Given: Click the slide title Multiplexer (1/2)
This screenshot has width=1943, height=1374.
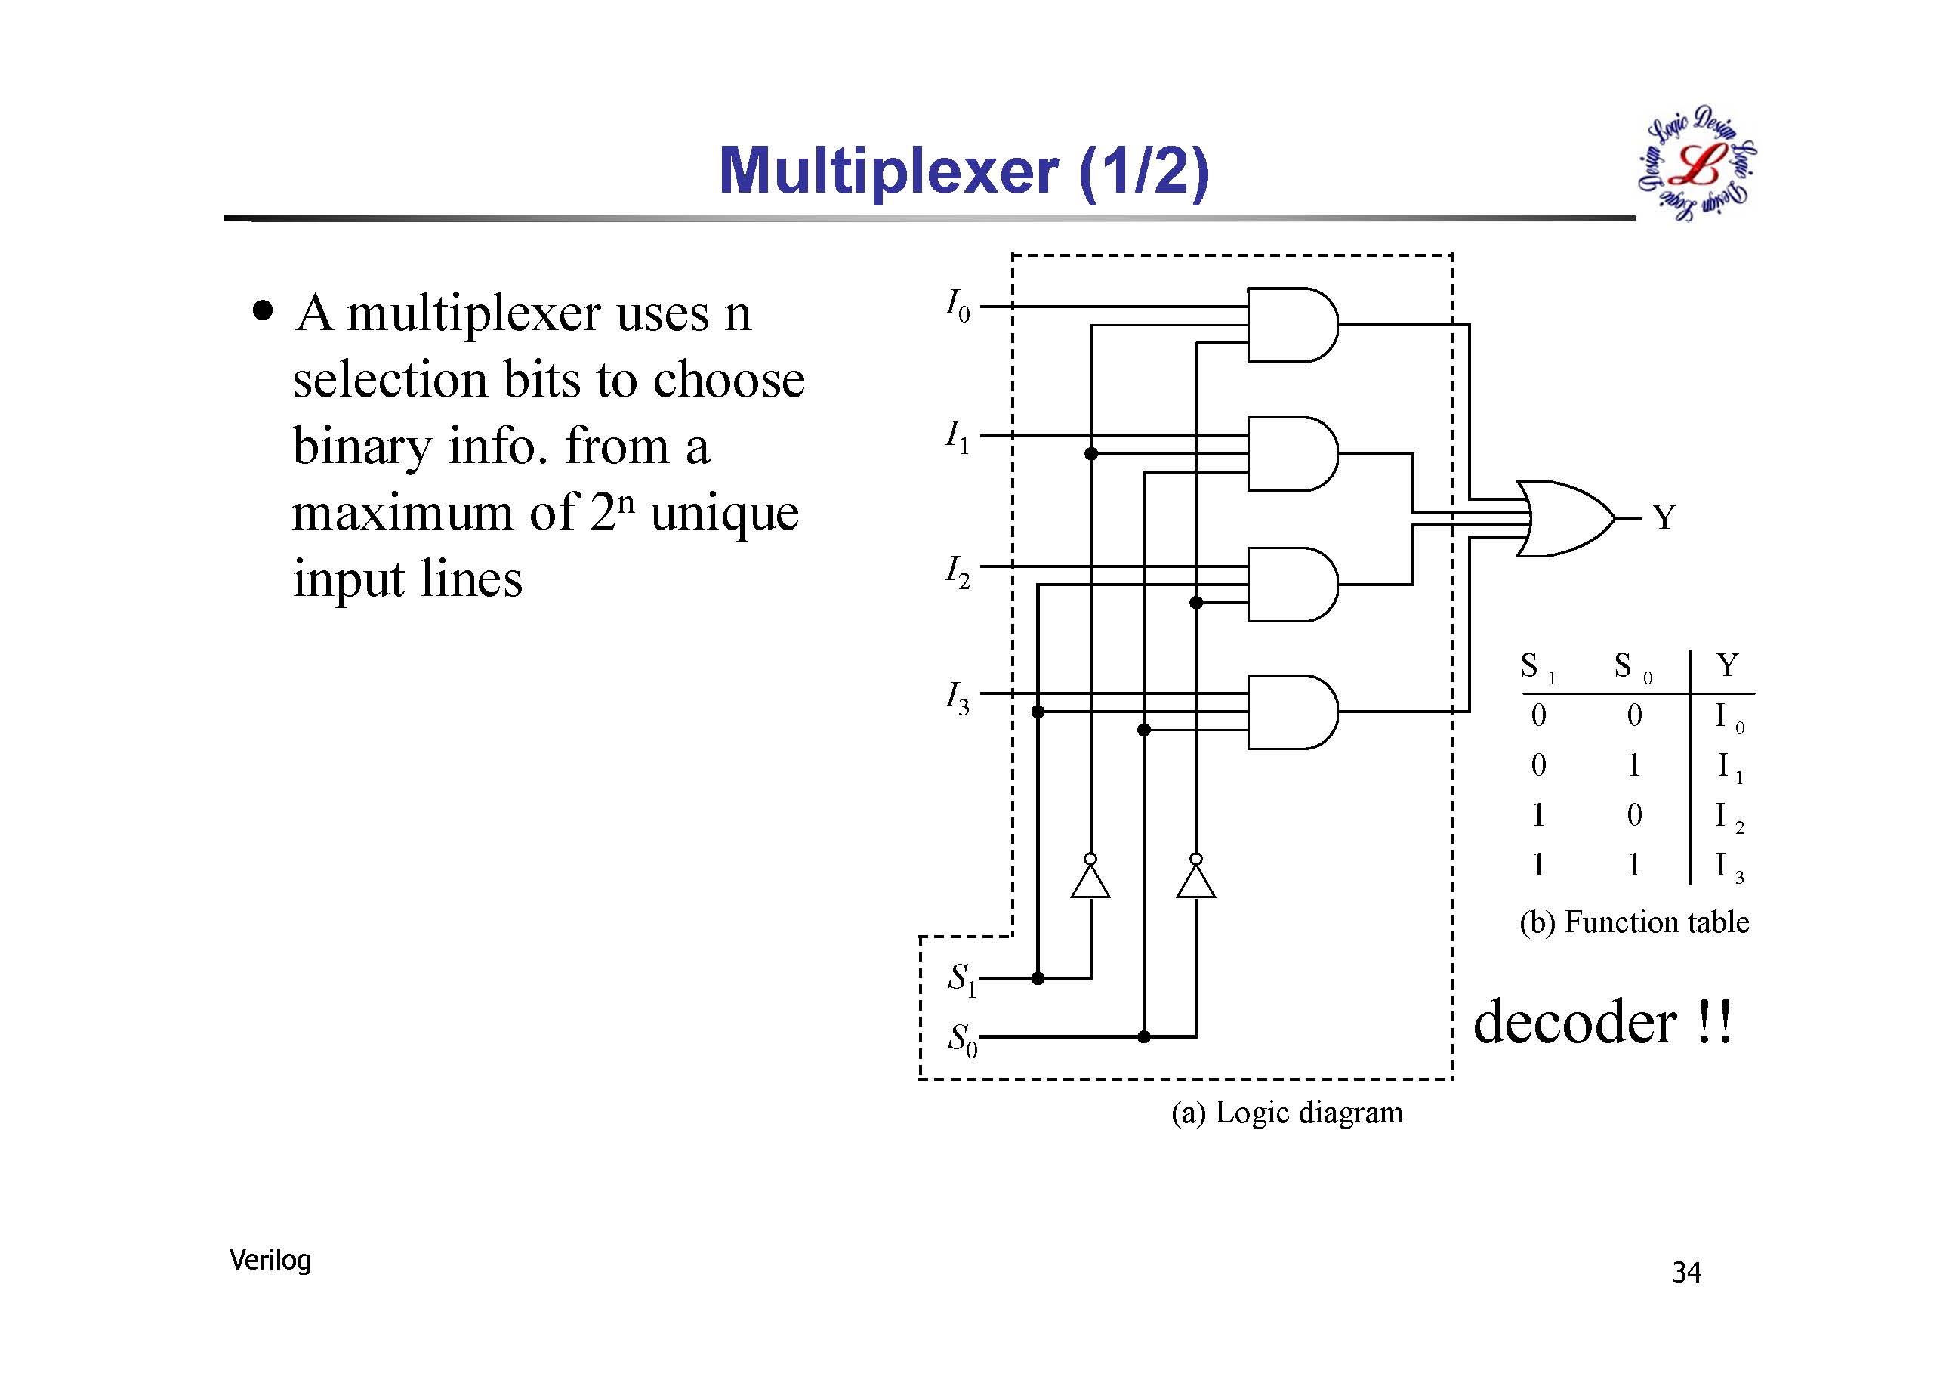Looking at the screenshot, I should point(964,172).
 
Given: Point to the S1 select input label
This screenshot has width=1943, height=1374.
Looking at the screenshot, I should point(961,979).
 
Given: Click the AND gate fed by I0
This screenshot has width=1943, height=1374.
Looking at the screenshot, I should point(1291,324).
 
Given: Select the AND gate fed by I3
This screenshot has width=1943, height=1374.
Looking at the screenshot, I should point(1291,712).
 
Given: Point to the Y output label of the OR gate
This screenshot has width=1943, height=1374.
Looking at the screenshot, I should point(1664,517).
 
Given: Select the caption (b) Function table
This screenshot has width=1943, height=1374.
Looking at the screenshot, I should point(1633,922).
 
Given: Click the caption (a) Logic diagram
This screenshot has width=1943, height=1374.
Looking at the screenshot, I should point(1286,1113).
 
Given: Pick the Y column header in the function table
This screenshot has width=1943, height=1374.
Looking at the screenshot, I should point(1727,665).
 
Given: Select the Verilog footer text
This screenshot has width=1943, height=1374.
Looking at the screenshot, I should point(270,1261).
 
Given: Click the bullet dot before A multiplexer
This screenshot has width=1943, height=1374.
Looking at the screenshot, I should point(264,310).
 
